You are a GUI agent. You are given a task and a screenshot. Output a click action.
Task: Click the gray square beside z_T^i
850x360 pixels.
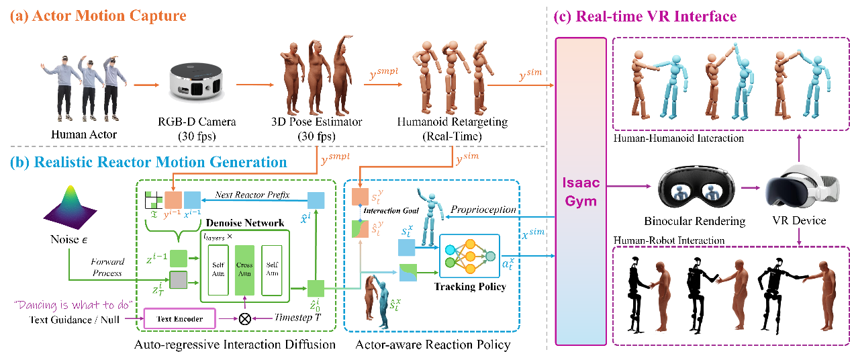(x=178, y=280)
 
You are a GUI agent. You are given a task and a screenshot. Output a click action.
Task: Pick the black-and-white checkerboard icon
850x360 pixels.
(x=154, y=199)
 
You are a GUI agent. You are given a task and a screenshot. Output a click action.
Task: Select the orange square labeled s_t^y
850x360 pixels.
(x=361, y=196)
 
